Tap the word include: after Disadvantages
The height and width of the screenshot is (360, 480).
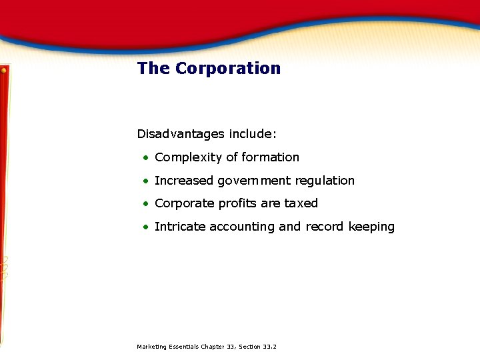[253, 134]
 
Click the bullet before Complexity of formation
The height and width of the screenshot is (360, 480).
[145, 158]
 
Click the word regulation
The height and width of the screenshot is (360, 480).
[325, 181]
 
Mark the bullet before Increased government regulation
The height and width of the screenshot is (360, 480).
[145, 181]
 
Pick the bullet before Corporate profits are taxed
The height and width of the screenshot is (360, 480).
[145, 204]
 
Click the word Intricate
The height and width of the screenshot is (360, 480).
[180, 227]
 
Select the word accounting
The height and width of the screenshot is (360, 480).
[242, 227]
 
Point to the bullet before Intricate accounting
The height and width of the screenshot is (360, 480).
[145, 227]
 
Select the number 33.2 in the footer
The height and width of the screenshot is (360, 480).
[270, 347]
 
